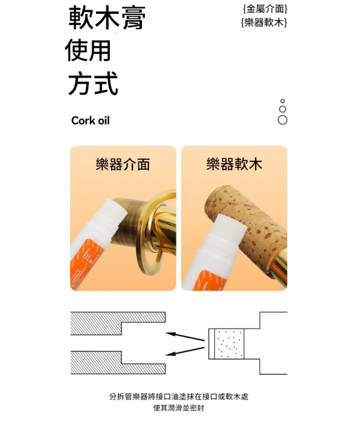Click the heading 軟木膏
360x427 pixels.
[107, 17]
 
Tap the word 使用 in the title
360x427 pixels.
[88, 50]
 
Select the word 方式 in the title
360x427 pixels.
[93, 83]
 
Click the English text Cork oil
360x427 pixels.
[91, 121]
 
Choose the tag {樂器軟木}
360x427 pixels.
[264, 22]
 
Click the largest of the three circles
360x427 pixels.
[283, 120]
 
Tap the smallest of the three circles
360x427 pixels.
[283, 101]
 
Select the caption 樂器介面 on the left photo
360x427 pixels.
[123, 164]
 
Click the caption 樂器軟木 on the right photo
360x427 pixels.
[234, 164]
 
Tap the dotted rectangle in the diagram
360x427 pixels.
[229, 344]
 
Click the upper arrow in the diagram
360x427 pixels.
[185, 336]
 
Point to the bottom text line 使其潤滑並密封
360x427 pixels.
[179, 408]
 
